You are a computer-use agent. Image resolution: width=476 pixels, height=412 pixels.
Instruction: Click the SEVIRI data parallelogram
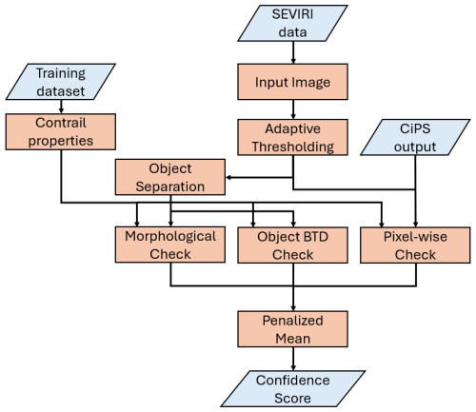click(x=293, y=23)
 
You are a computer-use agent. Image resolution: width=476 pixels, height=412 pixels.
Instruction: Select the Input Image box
click(x=293, y=82)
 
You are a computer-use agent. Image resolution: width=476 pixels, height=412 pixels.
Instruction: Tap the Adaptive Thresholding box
click(x=293, y=137)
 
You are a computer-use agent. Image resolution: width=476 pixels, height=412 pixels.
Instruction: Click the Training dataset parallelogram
click(x=61, y=82)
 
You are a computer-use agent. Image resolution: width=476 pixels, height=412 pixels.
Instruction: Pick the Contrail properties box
click(x=61, y=131)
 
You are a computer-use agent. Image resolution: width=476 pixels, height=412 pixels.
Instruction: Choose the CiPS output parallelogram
click(x=415, y=137)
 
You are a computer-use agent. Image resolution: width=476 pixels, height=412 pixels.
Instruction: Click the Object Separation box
click(x=170, y=177)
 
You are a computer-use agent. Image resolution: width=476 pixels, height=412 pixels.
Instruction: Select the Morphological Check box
click(x=170, y=245)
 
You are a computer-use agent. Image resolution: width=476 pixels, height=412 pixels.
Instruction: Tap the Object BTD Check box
click(x=293, y=245)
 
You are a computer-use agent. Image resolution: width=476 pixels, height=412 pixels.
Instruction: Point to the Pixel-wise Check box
click(x=415, y=245)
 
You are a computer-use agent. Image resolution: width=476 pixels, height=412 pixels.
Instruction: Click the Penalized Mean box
click(x=293, y=329)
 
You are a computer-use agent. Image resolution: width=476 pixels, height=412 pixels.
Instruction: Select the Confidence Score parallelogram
click(x=293, y=389)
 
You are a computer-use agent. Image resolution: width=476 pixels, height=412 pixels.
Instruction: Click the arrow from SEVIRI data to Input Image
click(x=293, y=52)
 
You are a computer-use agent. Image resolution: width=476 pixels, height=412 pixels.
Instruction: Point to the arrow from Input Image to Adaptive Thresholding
click(x=293, y=109)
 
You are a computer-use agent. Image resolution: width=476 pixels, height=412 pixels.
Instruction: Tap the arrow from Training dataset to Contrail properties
click(x=61, y=107)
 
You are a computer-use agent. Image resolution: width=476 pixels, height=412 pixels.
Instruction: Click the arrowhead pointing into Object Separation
click(x=228, y=178)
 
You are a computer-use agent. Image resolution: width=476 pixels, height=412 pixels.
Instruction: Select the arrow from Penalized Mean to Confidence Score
click(x=293, y=359)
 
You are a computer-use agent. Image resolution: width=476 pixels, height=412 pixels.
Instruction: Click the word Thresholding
click(x=293, y=147)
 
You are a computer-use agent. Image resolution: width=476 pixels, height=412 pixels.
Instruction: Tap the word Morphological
click(x=170, y=237)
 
